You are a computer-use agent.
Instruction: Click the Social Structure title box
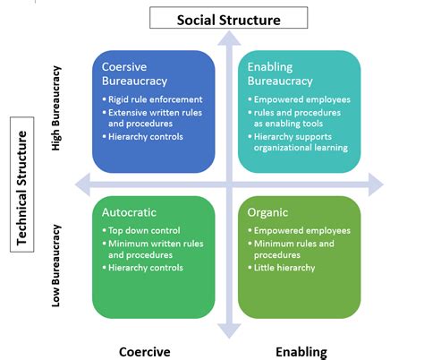coord(228,17)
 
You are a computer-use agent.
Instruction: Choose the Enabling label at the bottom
coord(301,351)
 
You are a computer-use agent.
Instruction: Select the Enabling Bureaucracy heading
coord(284,74)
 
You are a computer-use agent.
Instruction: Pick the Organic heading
coord(273,213)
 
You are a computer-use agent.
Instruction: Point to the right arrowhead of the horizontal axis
coord(375,184)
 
